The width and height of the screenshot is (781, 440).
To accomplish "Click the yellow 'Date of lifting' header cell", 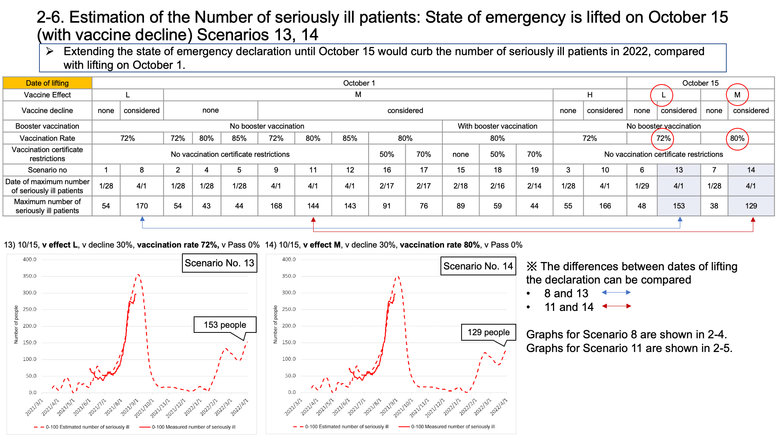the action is tap(47, 83).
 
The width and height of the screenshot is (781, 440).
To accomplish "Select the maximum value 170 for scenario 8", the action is tap(142, 206).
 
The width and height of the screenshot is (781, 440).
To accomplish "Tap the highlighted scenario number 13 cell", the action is tap(679, 170).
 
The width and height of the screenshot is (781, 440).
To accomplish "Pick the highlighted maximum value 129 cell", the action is tap(751, 206).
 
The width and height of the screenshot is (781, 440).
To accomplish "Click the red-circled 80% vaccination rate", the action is tap(737, 138).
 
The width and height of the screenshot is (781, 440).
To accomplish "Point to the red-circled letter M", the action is tap(737, 95).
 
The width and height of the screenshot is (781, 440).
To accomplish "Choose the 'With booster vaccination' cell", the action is tap(497, 126).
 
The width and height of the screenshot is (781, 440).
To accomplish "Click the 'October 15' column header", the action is tap(701, 83).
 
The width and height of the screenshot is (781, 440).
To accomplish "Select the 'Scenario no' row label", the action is tap(47, 170).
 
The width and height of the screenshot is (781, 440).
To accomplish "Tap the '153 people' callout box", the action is tap(225, 325).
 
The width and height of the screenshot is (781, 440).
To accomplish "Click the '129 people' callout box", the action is tap(489, 332).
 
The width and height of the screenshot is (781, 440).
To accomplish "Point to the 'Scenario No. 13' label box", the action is tap(219, 263).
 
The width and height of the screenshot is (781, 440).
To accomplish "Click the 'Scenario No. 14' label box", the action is tap(478, 266).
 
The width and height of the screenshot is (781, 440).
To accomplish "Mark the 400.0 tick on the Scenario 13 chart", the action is tap(29, 259).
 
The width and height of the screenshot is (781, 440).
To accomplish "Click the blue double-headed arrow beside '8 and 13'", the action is tap(616, 293).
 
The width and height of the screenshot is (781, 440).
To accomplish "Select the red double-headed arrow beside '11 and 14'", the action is tap(616, 306).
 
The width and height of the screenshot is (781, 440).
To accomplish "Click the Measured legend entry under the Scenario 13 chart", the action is tap(188, 427).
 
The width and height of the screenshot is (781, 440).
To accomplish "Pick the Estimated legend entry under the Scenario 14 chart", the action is tap(341, 427).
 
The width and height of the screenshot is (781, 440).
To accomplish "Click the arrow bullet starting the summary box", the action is tap(50, 51).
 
